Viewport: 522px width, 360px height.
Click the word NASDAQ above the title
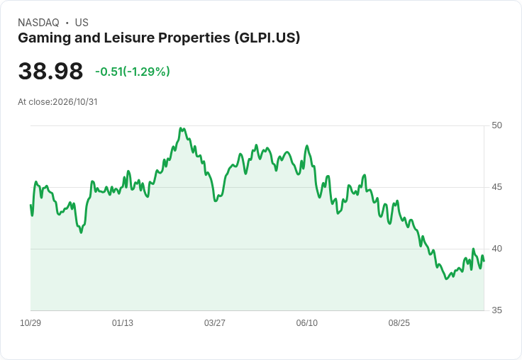[38, 23]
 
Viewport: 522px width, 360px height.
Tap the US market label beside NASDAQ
[82, 23]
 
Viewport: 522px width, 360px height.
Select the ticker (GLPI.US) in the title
[267, 38]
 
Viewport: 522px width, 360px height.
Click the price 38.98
[50, 71]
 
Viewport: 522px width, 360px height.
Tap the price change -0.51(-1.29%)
[133, 72]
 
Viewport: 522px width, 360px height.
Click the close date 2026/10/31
[75, 102]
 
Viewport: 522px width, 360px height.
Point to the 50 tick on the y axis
[496, 125]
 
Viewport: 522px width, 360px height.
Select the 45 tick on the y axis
[496, 187]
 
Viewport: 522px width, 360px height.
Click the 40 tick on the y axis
[496, 249]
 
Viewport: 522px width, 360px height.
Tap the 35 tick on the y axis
[496, 310]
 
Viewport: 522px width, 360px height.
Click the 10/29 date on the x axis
[30, 323]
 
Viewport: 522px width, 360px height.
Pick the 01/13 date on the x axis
[123, 323]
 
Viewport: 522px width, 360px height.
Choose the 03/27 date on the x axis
[215, 323]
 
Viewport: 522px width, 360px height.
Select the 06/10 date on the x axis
[307, 323]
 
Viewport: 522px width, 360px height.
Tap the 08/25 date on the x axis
[399, 323]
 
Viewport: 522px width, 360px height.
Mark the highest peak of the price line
[180, 128]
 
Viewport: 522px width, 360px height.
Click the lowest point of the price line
[446, 279]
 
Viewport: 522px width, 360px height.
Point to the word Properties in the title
[194, 38]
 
